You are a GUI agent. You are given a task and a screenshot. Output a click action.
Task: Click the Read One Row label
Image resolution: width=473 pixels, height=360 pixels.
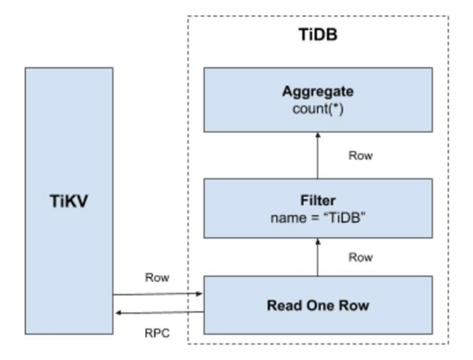(x=320, y=303)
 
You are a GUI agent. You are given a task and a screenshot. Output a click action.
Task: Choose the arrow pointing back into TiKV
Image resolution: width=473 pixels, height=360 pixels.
(x=158, y=312)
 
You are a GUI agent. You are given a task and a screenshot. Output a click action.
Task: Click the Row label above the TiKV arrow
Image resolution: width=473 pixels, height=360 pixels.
(x=158, y=277)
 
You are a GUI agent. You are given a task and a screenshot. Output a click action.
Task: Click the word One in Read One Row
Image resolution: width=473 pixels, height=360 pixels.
(x=320, y=303)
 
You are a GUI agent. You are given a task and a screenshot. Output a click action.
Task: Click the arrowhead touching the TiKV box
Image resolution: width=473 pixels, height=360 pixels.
(x=117, y=312)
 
